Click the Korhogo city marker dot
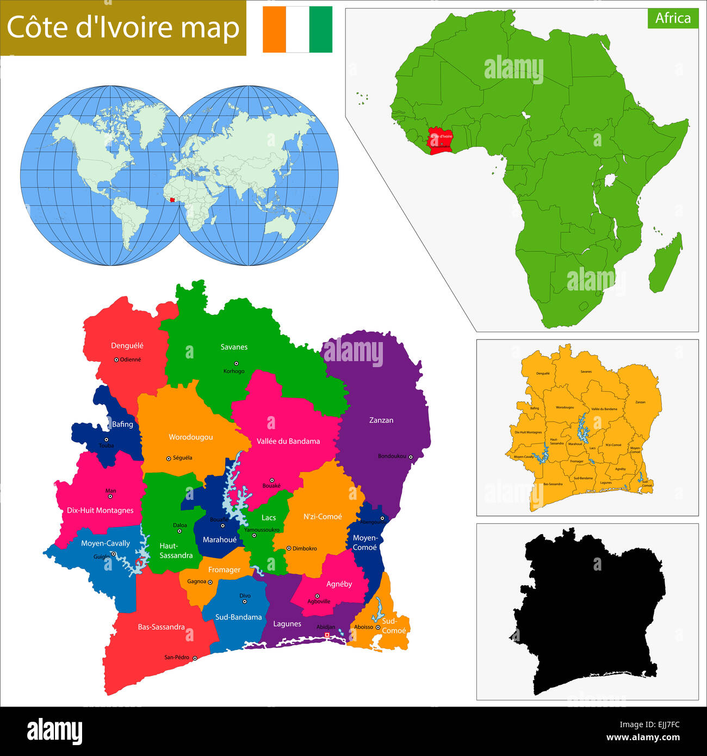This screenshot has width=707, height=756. (234, 363)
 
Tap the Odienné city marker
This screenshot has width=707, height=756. (116, 360)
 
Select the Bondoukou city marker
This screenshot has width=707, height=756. (411, 457)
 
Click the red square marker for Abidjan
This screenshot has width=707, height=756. (327, 635)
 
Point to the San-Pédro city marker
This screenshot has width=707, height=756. (195, 658)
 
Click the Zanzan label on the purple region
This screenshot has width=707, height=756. (381, 420)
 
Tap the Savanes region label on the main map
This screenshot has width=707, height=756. (234, 347)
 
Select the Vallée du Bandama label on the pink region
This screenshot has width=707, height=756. (288, 441)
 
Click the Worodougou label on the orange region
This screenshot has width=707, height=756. (190, 437)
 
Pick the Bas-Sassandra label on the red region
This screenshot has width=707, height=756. (161, 627)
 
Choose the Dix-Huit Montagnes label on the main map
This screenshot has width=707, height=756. (100, 510)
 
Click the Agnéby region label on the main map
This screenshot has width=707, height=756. (339, 584)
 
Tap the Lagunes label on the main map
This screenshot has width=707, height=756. (287, 624)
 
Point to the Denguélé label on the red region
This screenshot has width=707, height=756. (127, 345)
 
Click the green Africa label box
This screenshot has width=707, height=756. (673, 18)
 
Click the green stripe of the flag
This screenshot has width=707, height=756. (320, 29)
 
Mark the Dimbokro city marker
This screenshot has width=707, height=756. (289, 548)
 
